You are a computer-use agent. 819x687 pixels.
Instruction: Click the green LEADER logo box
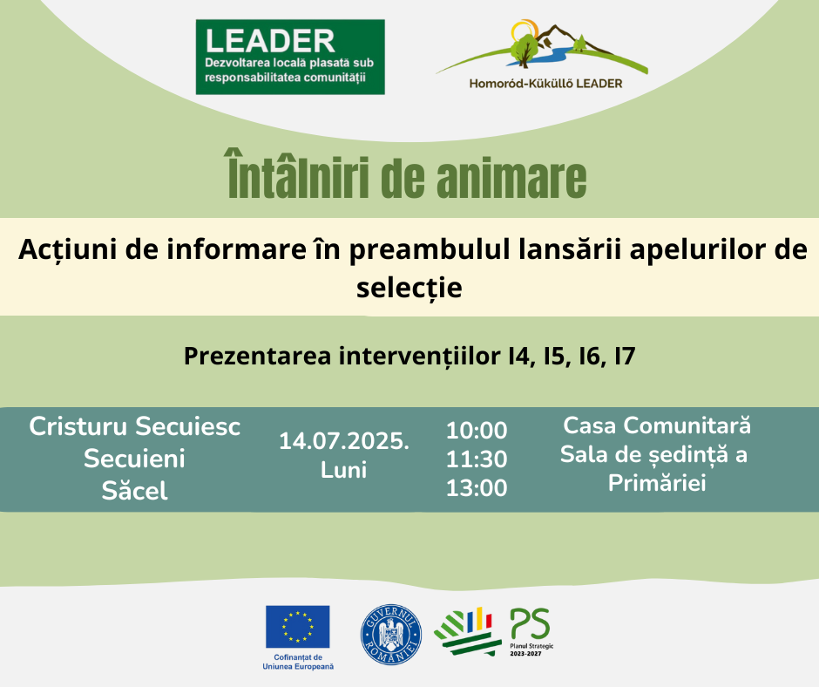[290, 57]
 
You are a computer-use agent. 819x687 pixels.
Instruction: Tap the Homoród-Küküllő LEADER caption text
[545, 84]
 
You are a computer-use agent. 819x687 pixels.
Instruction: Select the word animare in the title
[511, 178]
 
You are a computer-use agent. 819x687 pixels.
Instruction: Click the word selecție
[409, 288]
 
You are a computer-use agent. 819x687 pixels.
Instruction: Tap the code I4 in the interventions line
[522, 356]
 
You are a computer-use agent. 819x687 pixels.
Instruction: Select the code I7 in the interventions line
[625, 356]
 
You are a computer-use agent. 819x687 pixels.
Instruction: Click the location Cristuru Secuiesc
[135, 426]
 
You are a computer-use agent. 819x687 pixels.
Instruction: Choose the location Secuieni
[135, 459]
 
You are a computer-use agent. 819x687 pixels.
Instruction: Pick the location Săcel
[135, 491]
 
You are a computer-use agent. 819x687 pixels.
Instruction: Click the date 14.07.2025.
[344, 441]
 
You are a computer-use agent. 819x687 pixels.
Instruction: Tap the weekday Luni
[343, 470]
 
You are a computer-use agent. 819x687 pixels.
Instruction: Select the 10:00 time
[477, 431]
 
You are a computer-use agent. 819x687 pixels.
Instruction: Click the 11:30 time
[477, 459]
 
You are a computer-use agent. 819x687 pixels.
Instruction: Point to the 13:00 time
[477, 488]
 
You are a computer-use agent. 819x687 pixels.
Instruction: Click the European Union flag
[298, 627]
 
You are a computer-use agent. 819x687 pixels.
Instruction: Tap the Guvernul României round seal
[391, 635]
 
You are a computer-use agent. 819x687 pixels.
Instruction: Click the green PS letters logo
[530, 623]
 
